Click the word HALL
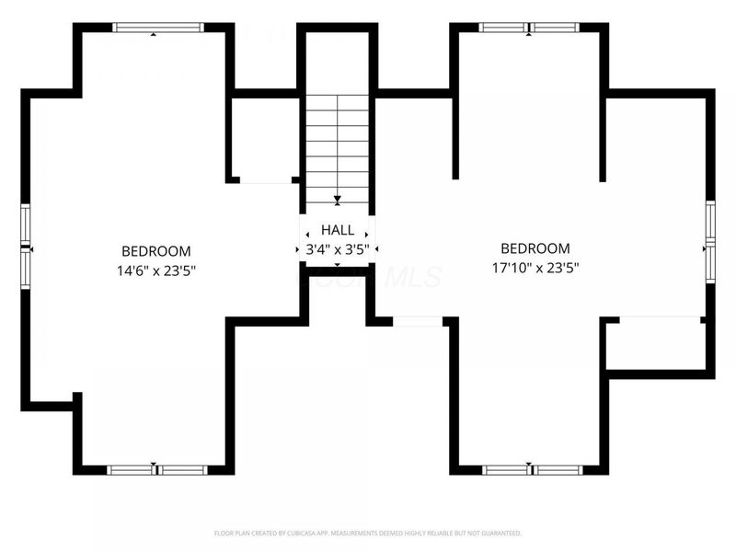click(337, 230)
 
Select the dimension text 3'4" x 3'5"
click(337, 248)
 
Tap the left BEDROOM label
click(156, 251)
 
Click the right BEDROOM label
click(535, 248)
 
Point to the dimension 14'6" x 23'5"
click(156, 270)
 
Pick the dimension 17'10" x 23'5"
click(535, 268)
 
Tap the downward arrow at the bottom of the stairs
click(338, 199)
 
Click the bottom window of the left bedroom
click(156, 470)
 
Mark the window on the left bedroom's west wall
click(26, 247)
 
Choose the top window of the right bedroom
click(529, 28)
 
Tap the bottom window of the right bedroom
click(529, 470)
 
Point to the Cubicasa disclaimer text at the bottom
click(368, 533)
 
